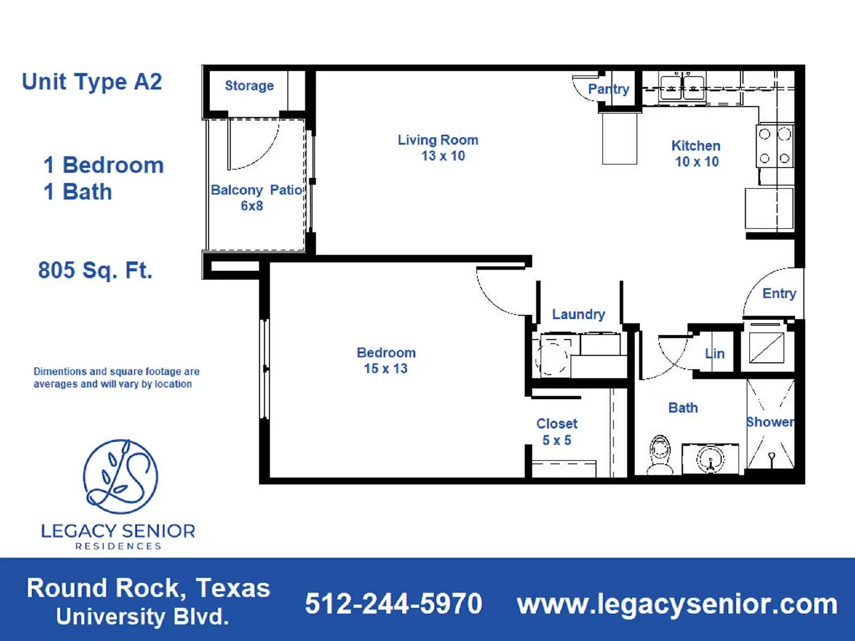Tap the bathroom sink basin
coord(710,459)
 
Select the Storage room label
coord(249,85)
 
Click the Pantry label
coord(609,89)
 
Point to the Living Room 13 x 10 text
coord(438,148)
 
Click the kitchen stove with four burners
coord(774,146)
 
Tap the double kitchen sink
coord(682,87)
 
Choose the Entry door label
coord(779,293)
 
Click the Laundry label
coord(578,314)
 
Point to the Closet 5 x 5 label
coord(557,432)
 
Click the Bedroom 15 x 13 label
coord(386,361)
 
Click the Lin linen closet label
coord(714,354)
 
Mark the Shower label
coord(770,422)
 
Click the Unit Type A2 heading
coord(91,82)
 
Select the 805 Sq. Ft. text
coord(95,270)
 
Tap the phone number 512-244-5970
coord(393,604)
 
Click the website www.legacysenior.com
coord(677,604)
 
